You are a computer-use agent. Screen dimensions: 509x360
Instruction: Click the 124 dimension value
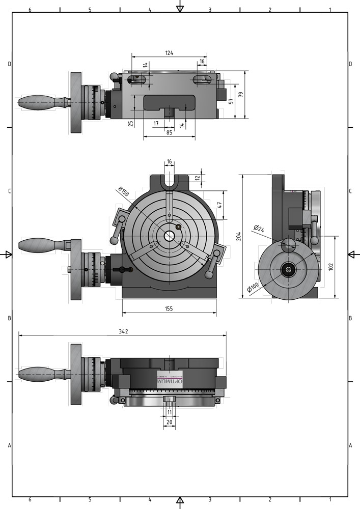pos(169,52)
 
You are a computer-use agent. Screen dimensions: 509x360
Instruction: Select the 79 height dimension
pos(241,94)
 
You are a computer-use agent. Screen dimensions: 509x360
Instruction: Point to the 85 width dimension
pos(169,133)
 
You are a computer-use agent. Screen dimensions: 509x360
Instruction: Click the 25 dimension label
pos(131,123)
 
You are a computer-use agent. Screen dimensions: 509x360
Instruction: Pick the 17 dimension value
pos(156,123)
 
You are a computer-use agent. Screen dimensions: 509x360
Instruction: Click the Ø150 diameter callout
pos(123,192)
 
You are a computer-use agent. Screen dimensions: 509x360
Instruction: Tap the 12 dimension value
pos(198,178)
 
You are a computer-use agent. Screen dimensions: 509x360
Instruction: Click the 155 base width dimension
pos(169,308)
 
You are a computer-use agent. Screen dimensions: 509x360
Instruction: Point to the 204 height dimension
pos(239,235)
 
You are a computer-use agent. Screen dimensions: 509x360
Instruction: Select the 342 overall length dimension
pos(123,331)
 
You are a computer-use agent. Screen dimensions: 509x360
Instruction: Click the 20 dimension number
pos(170,422)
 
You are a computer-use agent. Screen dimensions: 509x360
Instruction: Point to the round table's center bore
pos(169,236)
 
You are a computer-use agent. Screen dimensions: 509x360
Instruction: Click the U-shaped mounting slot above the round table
pos(169,181)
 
